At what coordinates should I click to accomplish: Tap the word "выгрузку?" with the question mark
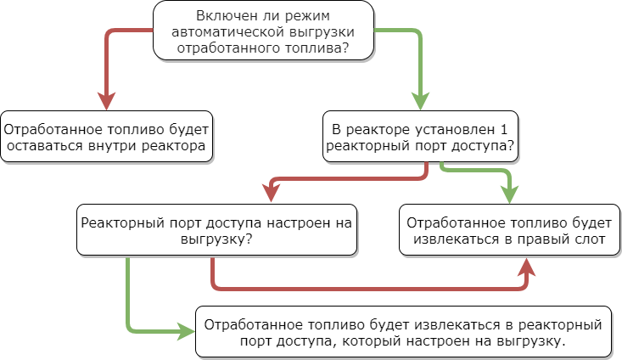point(215,239)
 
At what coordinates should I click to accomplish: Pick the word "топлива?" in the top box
point(319,49)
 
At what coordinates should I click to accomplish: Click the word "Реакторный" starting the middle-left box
point(119,223)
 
